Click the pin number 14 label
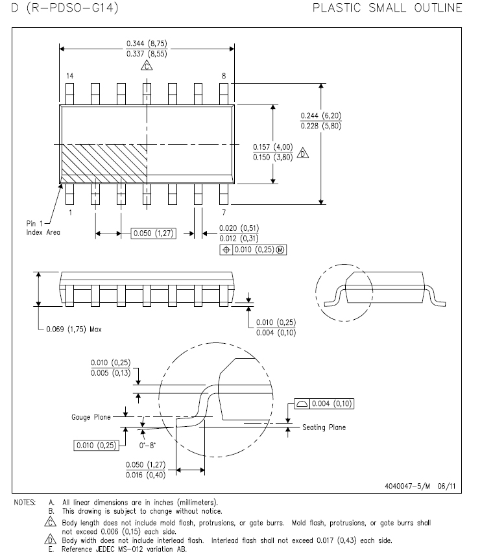pos(69,76)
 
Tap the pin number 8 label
pos(224,76)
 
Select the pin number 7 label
pos(223,212)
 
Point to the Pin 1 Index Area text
pos(43,228)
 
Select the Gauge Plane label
pos(90,417)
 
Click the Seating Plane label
pos(324,427)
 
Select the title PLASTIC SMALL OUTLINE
pos(387,8)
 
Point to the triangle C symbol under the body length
pos(147,66)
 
